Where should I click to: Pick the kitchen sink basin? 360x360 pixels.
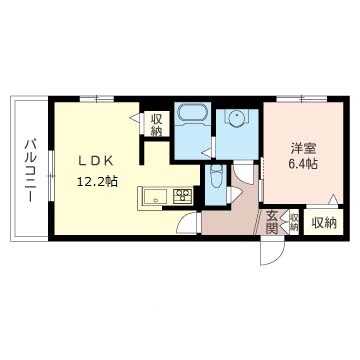157,197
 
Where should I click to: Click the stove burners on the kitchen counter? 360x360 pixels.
183,197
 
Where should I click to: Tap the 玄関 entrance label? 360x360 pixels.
272,222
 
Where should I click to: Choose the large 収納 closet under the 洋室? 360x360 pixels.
321,222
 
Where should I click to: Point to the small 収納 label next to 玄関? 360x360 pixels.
292,222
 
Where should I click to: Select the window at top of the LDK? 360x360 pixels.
97,99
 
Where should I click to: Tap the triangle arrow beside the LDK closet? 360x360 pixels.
136,119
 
